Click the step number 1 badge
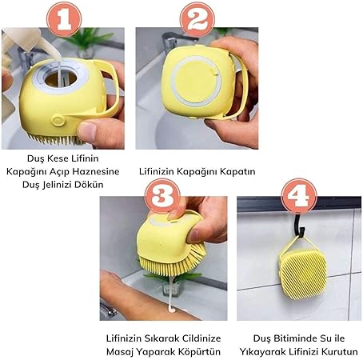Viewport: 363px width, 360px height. [x=64, y=19]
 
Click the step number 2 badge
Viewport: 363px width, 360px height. [x=197, y=19]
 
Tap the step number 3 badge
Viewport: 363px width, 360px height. [x=162, y=196]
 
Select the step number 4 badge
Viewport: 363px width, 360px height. [x=299, y=196]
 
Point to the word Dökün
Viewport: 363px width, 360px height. [x=89, y=184]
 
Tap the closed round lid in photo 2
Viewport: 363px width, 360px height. [x=196, y=81]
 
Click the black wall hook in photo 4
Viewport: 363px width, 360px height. [x=300, y=226]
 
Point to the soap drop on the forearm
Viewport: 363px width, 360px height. [x=171, y=310]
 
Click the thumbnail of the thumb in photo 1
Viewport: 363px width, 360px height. [x=86, y=131]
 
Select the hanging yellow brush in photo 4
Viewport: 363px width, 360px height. [x=302, y=270]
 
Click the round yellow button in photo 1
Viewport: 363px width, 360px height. [x=58, y=120]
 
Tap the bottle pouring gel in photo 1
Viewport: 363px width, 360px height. [x=22, y=40]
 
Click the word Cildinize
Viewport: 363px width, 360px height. [x=197, y=338]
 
